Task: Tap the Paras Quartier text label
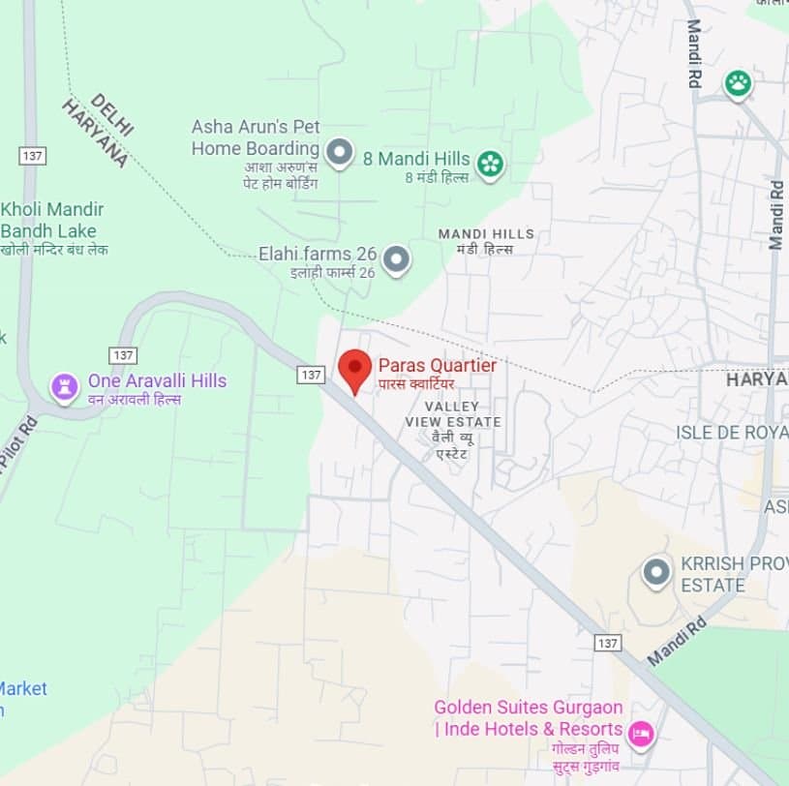pos(437,366)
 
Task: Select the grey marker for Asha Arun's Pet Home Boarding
pos(338,151)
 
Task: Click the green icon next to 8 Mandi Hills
pos(491,164)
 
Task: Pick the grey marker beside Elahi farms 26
pos(396,258)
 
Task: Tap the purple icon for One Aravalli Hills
pos(65,387)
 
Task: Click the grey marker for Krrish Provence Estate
pos(657,572)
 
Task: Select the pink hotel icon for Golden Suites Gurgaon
pos(641,734)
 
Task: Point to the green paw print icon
pos(739,84)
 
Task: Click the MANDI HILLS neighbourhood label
pos(486,234)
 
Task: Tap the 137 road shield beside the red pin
pos(311,375)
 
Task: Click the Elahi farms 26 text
pos(317,254)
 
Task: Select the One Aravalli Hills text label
pos(157,380)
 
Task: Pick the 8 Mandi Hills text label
pos(416,159)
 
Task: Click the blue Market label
pos(23,688)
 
